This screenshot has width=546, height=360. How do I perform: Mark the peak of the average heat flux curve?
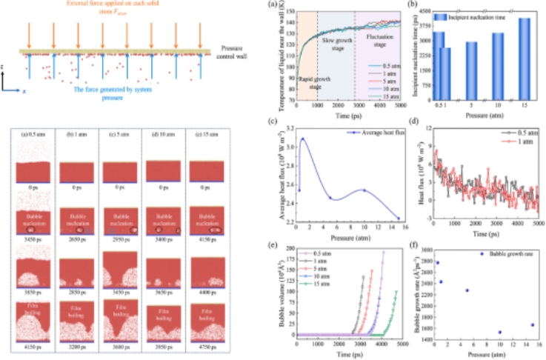point(302,139)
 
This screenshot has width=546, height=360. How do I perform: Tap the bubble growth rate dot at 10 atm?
point(500,332)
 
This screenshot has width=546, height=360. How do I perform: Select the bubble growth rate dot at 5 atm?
point(467,290)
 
